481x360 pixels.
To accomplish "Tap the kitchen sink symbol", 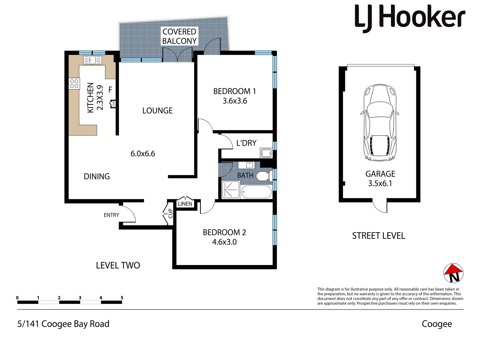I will click(92, 60).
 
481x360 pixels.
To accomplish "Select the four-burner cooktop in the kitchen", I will click(74, 84).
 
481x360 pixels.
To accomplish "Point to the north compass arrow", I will click(453, 273).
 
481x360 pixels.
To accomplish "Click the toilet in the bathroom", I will click(264, 176).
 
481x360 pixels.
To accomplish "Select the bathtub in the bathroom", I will click(256, 192).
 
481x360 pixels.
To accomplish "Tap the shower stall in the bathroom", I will click(230, 190).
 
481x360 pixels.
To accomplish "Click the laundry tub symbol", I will click(266, 153).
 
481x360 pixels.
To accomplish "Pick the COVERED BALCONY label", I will click(179, 36).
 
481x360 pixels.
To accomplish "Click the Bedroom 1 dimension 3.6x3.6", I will click(235, 101).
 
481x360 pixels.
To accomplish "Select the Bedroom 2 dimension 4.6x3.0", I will click(224, 242).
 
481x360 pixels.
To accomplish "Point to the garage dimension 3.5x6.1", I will click(380, 183).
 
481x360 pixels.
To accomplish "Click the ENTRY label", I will click(111, 215).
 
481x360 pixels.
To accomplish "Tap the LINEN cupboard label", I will click(185, 204).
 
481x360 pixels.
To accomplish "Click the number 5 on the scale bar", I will click(122, 298).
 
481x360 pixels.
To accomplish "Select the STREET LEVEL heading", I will click(379, 236).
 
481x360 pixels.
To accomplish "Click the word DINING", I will click(97, 176).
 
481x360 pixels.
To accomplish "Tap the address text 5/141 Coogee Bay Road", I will click(63, 324).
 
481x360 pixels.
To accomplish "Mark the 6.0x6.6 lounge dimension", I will click(143, 154).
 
